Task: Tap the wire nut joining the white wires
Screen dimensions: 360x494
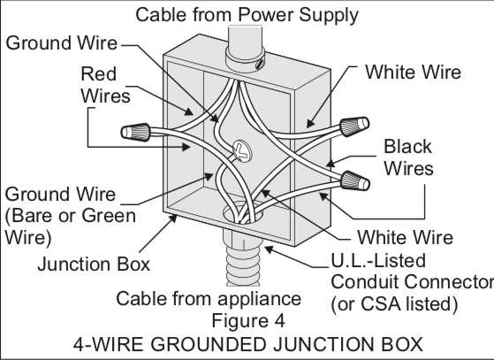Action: [x=357, y=124]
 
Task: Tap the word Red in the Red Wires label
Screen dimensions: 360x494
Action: [x=99, y=73]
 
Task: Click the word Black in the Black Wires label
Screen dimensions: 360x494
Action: [x=407, y=146]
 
